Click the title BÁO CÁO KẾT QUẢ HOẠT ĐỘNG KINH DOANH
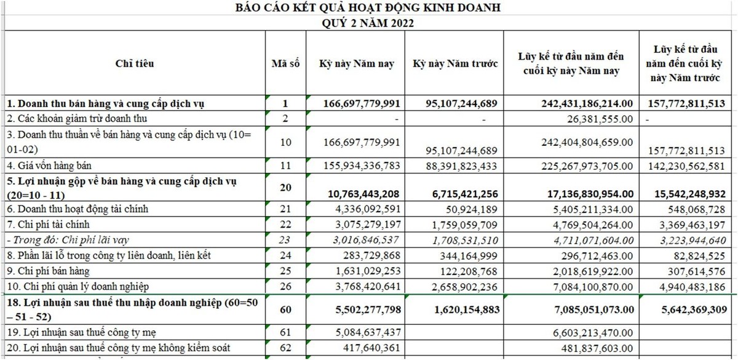(368, 8)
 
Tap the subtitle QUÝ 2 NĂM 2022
(368, 23)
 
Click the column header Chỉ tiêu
(135, 63)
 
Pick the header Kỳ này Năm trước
(454, 63)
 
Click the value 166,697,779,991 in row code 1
(362, 103)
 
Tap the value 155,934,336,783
(362, 165)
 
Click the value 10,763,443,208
(362, 194)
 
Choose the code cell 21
(285, 209)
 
